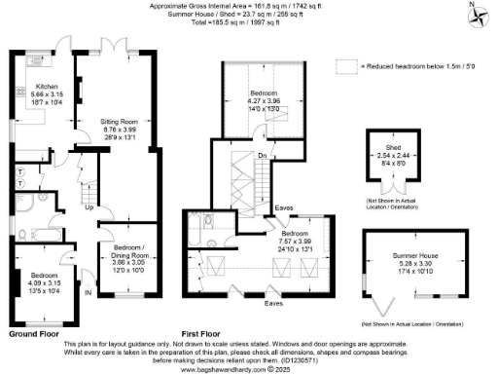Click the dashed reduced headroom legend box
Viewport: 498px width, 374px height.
345,65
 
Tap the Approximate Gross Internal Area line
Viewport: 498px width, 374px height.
248,6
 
